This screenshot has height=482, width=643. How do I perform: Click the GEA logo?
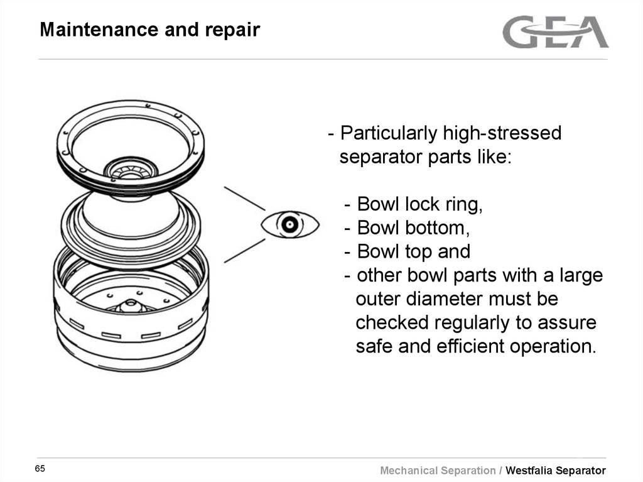point(555,32)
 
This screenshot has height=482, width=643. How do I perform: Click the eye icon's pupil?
point(289,224)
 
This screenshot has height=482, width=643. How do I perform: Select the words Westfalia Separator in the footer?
point(556,471)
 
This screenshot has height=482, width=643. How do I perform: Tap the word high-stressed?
point(502,134)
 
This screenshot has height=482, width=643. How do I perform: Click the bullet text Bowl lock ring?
point(419,204)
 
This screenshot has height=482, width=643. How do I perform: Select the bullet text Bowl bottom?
point(413,227)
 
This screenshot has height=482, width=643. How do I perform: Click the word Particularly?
point(388,134)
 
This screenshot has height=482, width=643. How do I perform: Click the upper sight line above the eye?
point(245,198)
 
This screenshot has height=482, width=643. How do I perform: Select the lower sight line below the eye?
point(244,249)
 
